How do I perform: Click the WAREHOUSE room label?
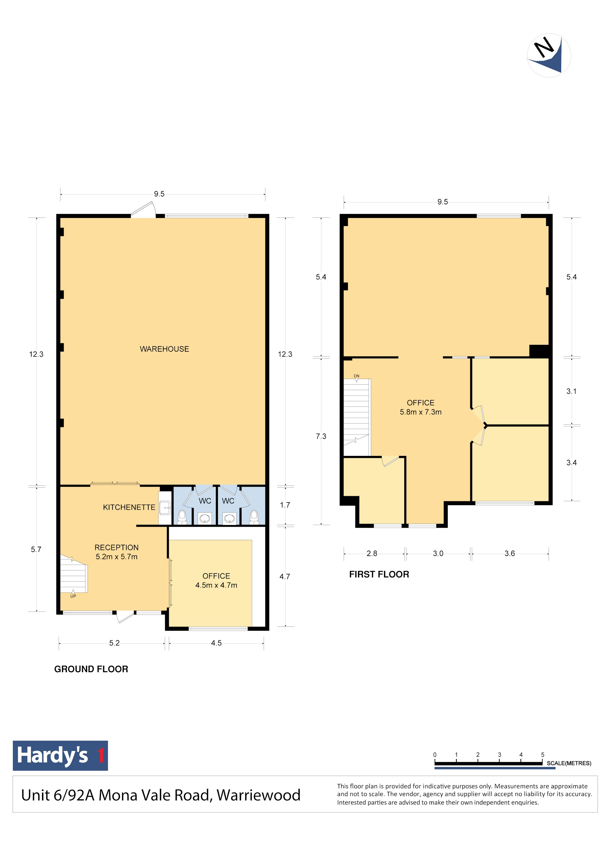(164, 349)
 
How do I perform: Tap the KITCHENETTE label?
(129, 507)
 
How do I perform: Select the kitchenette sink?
(165, 508)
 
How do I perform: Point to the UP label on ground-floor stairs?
(73, 596)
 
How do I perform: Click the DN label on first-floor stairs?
(356, 376)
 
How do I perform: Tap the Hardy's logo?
(60, 755)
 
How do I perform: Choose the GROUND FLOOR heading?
(91, 669)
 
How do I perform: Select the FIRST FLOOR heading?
(379, 574)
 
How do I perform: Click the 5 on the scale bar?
(542, 754)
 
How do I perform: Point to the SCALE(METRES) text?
(569, 763)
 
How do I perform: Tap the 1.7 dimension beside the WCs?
(285, 505)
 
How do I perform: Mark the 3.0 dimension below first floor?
(438, 553)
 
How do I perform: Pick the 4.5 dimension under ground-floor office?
(216, 643)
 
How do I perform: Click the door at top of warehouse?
(143, 210)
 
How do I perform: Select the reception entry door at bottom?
(125, 617)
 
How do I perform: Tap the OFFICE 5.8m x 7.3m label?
(421, 407)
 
